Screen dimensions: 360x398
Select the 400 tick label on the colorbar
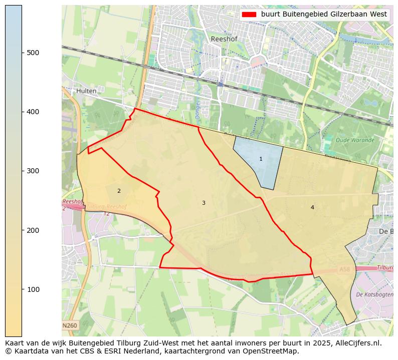tap(33, 112)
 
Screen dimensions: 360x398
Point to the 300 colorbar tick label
tap(33, 171)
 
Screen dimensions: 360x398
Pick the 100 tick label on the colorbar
tap(33, 289)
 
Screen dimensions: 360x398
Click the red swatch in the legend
tap(249, 15)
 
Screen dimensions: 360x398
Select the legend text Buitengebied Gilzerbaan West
tap(324, 15)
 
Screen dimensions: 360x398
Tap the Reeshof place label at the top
tap(224, 39)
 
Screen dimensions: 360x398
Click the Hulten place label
tap(87, 91)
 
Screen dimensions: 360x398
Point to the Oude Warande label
tap(355, 140)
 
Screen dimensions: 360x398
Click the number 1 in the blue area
tap(261, 159)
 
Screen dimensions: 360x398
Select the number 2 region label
tap(119, 191)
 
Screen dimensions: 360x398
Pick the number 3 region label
tap(204, 203)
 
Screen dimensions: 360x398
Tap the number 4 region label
tap(312, 207)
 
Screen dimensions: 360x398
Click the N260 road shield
tap(70, 325)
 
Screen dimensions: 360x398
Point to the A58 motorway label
tap(344, 269)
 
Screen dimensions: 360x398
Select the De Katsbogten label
tap(374, 295)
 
